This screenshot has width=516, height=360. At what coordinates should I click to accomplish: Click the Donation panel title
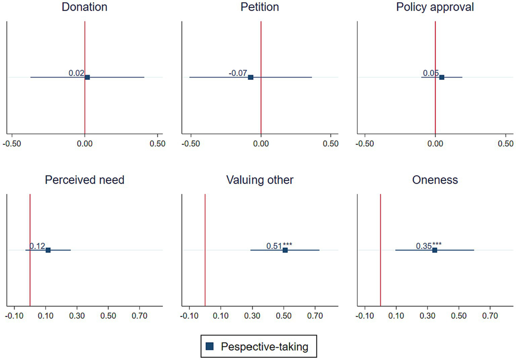tap(84, 7)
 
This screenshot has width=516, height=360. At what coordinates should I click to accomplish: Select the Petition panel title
tap(260, 7)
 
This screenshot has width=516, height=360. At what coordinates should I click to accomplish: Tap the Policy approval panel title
tap(435, 7)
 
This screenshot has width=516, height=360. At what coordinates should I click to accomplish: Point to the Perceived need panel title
tap(84, 180)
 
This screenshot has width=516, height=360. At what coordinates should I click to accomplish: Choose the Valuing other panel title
tap(260, 180)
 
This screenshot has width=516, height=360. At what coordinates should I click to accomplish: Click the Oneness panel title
tap(435, 180)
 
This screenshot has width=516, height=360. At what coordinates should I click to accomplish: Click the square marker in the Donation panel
tap(87, 77)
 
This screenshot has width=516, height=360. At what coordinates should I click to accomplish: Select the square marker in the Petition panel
tap(251, 77)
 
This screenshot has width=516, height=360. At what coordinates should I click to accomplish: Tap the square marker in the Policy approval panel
tap(442, 77)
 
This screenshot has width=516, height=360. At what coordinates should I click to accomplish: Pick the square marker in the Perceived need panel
tap(48, 250)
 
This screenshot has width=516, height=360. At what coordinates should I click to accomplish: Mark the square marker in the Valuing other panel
tap(285, 250)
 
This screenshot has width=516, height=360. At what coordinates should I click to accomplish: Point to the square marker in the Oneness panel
tap(435, 250)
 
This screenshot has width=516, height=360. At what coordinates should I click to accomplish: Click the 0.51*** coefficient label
tap(279, 246)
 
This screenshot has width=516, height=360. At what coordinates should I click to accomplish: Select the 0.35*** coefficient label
tap(429, 246)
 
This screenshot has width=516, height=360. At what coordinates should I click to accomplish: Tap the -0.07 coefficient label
tap(238, 73)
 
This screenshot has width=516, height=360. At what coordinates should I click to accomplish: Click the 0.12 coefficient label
tap(37, 246)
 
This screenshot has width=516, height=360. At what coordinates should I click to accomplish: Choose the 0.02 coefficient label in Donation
tap(76, 73)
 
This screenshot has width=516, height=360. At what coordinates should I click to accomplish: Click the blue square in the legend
tap(209, 346)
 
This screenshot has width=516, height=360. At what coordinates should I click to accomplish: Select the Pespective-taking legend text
tap(264, 347)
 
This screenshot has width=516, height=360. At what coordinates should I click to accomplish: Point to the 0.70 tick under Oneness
tap(490, 316)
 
